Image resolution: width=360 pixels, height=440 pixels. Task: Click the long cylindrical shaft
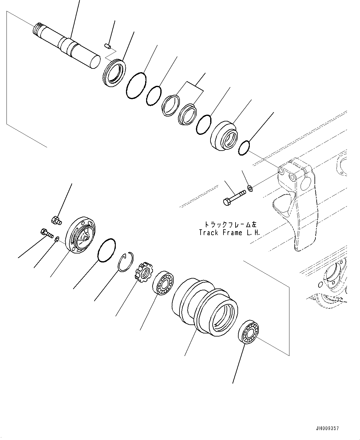67,45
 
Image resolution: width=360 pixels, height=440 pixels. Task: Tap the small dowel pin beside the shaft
107,46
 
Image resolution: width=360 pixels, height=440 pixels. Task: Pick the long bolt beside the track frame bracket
234,197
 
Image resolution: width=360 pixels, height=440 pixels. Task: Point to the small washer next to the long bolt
250,188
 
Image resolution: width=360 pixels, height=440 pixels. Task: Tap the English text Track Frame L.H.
229,233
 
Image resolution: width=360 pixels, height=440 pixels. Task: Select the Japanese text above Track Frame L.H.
231,224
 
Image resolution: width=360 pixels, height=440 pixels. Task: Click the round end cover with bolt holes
80,235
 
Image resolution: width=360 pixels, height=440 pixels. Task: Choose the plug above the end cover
56,221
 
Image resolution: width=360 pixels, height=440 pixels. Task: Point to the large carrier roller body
205,307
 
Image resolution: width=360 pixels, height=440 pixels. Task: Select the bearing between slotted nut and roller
163,283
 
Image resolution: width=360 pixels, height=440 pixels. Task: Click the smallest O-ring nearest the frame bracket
244,148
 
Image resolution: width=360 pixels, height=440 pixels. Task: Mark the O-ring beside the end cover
106,250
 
